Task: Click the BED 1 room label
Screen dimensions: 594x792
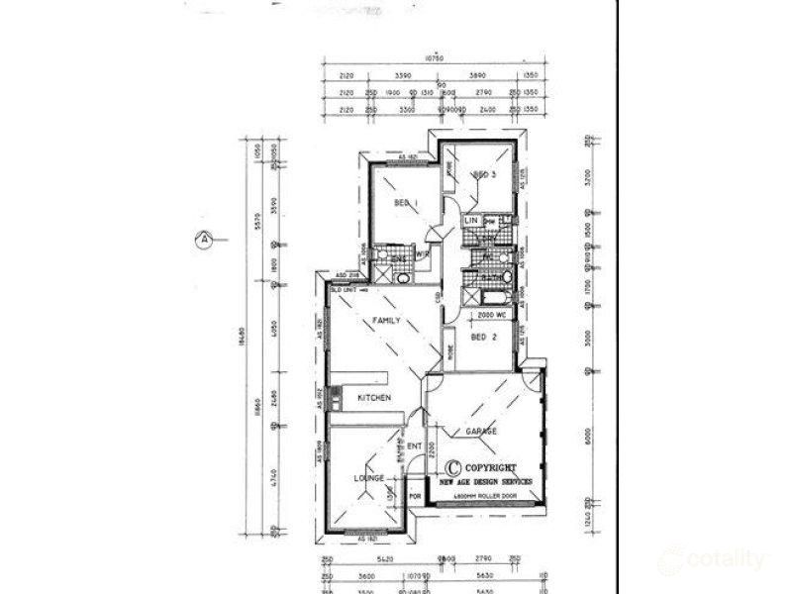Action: [402, 202]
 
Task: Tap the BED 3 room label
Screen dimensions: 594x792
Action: [484, 175]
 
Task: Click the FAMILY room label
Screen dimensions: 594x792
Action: [385, 322]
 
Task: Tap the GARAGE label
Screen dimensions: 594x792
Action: [480, 433]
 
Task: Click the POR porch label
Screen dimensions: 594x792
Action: [415, 496]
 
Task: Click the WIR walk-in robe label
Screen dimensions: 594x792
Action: [421, 253]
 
